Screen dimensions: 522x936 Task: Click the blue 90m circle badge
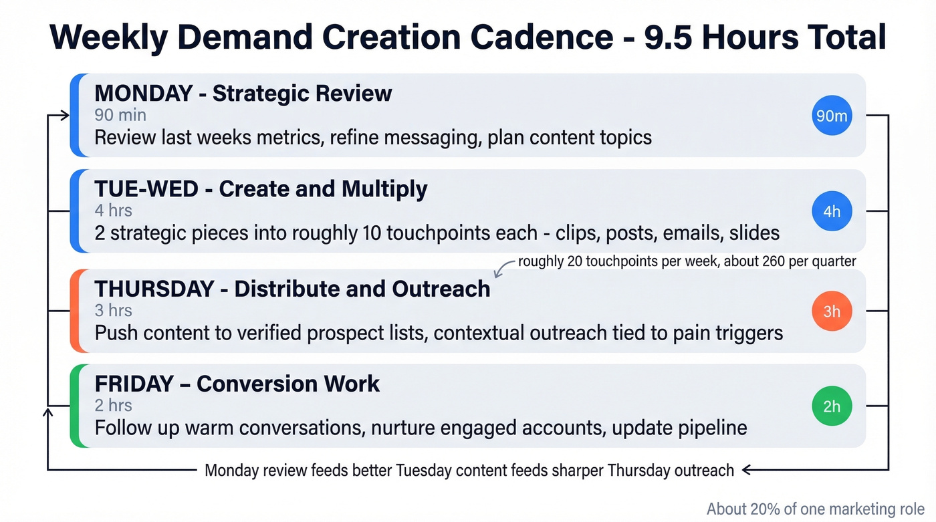pos(831,116)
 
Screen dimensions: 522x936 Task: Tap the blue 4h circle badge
pos(831,211)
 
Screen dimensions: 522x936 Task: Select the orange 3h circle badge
pos(831,311)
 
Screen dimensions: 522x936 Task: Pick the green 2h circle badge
pos(831,406)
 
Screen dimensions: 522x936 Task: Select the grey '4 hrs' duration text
pos(113,211)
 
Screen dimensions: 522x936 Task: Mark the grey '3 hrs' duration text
pos(113,310)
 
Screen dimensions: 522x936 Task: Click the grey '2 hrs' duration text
pos(113,405)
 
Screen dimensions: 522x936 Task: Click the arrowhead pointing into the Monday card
pos(64,116)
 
